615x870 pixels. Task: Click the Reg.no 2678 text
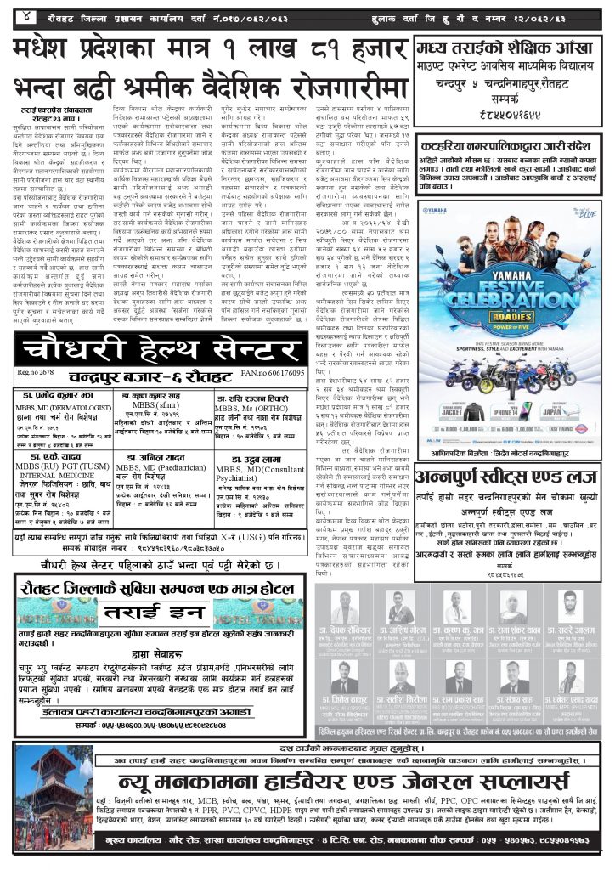36,373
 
